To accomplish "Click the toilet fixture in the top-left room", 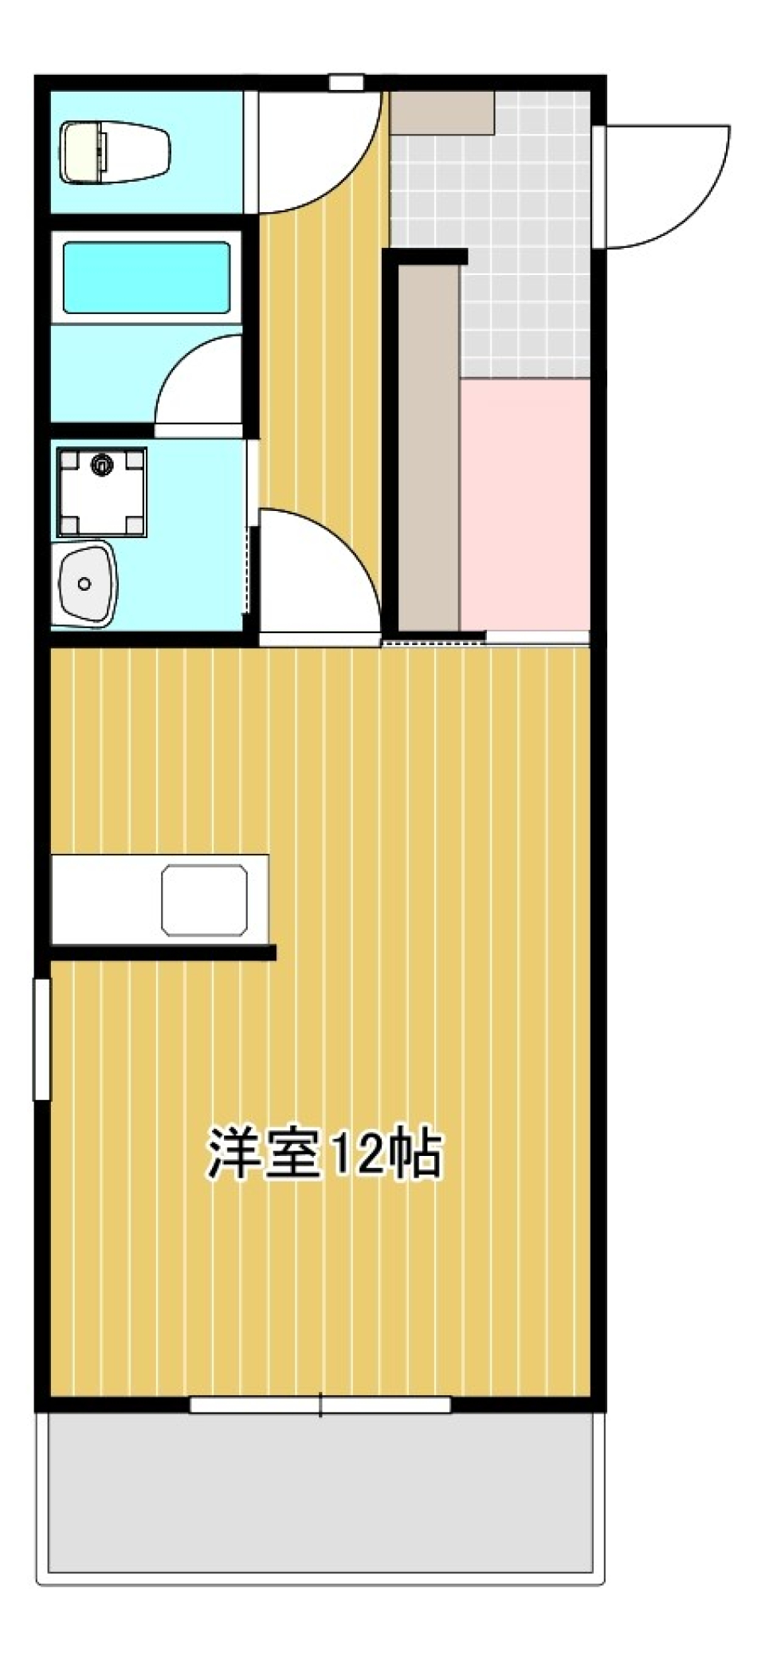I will (116, 151).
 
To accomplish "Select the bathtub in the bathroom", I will (147, 278).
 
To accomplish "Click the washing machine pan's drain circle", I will (101, 463).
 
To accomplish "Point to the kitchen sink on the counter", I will (204, 900).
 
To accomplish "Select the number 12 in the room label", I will (351, 1154).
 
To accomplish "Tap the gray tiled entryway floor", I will (526, 239).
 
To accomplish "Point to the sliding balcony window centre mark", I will (321, 1405).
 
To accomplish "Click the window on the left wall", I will (41, 1038).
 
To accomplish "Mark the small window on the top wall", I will (346, 81).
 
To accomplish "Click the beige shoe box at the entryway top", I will (441, 112).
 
